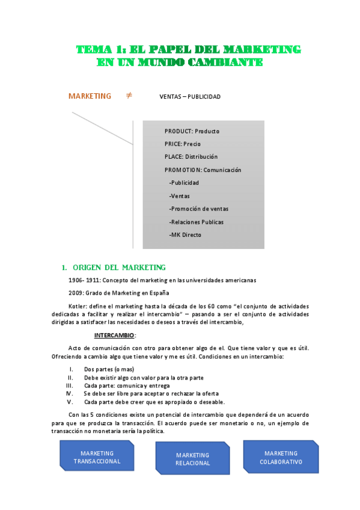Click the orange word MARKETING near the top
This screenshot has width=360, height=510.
click(90, 96)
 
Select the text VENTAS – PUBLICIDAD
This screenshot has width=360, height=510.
click(190, 97)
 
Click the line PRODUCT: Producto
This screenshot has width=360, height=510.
click(192, 131)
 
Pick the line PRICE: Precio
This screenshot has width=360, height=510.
click(183, 144)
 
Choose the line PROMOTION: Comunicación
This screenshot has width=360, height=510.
click(203, 170)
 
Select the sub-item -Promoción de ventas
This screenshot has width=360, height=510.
click(198, 209)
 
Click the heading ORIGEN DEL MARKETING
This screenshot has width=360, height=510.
click(119, 268)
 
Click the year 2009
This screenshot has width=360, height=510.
click(76, 293)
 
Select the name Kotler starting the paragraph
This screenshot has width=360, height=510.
click(78, 306)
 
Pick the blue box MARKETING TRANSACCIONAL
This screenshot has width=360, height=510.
click(97, 457)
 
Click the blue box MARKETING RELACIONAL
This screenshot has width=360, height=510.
click(193, 459)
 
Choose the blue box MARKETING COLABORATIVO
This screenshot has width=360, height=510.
click(281, 457)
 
